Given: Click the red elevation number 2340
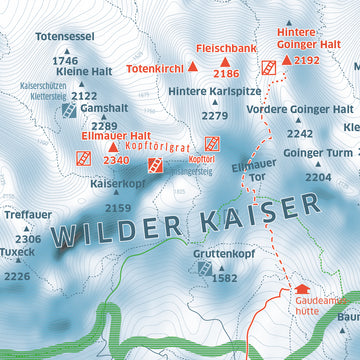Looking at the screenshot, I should point(116,160).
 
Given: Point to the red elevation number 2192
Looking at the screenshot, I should point(307,61).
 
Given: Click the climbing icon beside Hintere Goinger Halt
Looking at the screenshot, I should point(268,67).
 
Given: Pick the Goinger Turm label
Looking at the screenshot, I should point(318,153).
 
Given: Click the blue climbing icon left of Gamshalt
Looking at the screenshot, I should point(68,109).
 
